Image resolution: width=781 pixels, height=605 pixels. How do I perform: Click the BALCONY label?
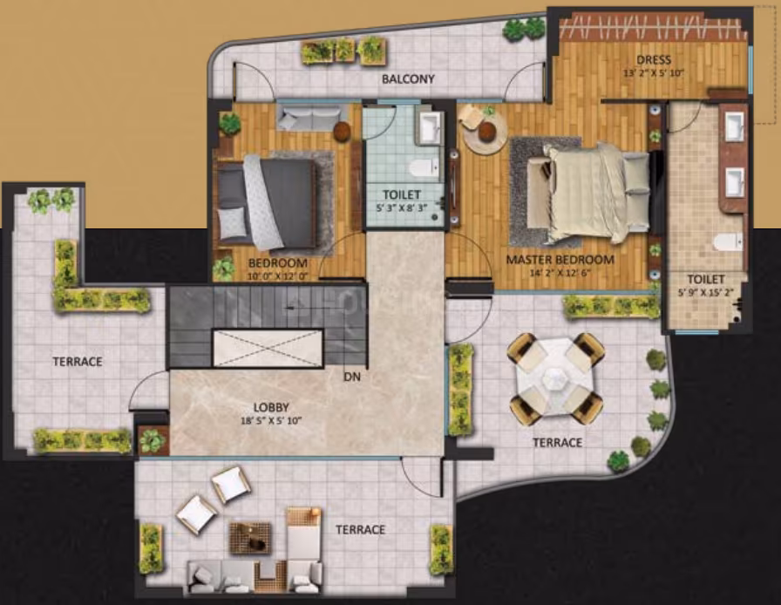point(408,78)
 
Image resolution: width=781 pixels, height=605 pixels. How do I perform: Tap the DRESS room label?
point(654,60)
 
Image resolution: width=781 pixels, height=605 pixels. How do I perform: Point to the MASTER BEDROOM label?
point(560,260)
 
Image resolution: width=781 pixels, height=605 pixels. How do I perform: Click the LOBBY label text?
point(271,408)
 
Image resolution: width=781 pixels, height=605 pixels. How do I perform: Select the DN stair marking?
point(351,377)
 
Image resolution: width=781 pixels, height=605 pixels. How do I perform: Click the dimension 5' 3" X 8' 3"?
point(402,208)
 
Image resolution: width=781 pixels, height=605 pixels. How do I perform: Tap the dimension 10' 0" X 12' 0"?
point(278,276)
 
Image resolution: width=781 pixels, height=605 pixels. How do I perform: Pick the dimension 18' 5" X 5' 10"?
point(271,420)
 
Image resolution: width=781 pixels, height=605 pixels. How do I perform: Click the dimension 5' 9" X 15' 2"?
point(706,293)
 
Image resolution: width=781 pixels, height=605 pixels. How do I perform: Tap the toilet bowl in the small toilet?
point(426,168)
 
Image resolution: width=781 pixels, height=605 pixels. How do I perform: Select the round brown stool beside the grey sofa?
point(343,131)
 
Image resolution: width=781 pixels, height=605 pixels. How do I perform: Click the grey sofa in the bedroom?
point(306,118)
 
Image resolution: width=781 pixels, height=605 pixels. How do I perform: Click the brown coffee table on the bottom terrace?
point(250,538)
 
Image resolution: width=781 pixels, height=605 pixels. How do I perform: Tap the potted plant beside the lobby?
point(152,440)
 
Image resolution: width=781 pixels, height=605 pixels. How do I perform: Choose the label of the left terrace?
point(78,361)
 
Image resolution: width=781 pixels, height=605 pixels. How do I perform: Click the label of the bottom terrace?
point(360,529)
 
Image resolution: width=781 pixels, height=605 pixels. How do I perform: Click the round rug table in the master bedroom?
point(485,132)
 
